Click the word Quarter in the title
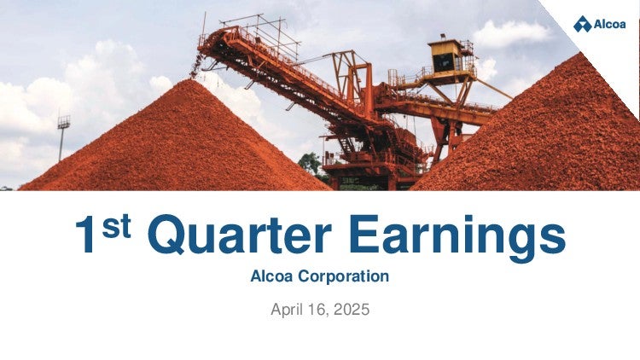(x=240, y=235)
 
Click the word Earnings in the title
(x=457, y=237)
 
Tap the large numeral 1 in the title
(x=85, y=235)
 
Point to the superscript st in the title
(x=116, y=227)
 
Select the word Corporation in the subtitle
(x=343, y=276)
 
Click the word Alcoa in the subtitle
(x=271, y=276)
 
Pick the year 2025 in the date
(x=352, y=310)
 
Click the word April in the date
(x=287, y=310)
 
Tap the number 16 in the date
(x=317, y=310)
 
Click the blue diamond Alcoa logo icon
(x=583, y=24)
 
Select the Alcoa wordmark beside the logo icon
(x=610, y=24)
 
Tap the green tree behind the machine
(x=311, y=164)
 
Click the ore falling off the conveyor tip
(x=197, y=66)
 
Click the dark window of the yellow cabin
(x=443, y=62)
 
